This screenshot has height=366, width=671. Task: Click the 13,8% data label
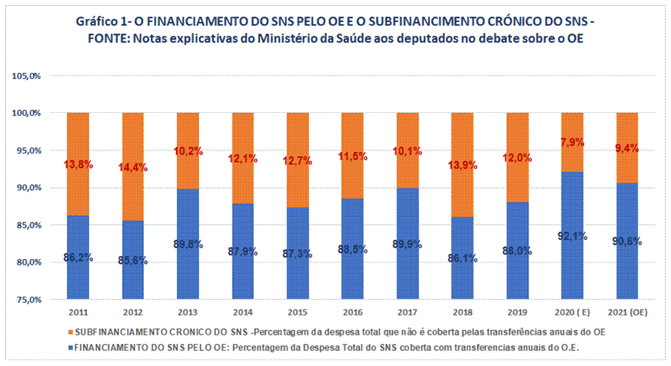point(78,164)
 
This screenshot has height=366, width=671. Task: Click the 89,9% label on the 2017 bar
point(407,244)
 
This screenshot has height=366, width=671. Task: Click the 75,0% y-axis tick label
point(28,300)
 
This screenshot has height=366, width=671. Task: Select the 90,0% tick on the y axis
point(28,188)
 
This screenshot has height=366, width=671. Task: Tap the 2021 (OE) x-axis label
point(627,313)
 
